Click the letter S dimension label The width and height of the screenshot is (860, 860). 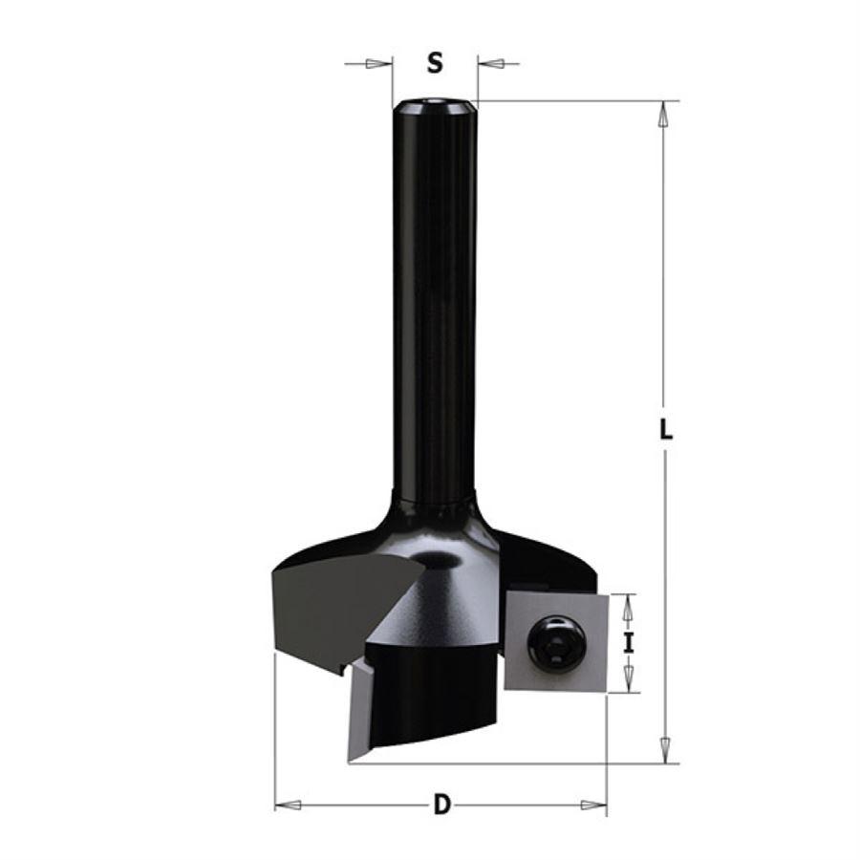[435, 64]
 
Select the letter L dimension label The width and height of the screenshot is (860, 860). [666, 429]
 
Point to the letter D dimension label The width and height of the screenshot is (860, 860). [441, 806]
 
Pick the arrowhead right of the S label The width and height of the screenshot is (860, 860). [488, 64]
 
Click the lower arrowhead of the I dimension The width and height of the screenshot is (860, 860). [628, 680]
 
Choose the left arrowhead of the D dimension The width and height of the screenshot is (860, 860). [288, 806]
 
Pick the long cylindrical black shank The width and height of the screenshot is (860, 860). [435, 306]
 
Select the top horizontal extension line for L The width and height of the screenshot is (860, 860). [573, 100]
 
